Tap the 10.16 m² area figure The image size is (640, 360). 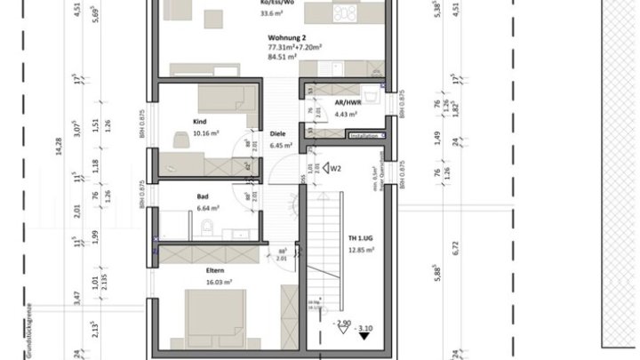[x=205, y=136]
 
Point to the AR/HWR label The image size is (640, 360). [x=346, y=102]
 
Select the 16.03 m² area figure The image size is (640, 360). [x=220, y=282]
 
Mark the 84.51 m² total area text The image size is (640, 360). [x=283, y=58]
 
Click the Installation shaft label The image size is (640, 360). [x=364, y=136]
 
